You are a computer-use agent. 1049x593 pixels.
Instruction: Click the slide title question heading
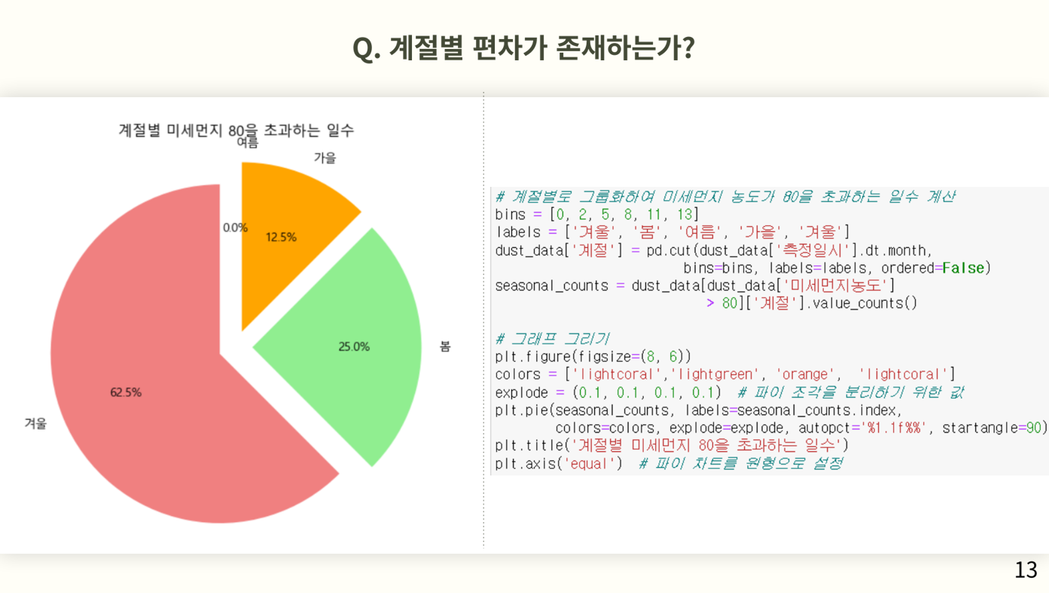point(523,47)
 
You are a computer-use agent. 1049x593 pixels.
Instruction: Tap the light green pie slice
point(346,347)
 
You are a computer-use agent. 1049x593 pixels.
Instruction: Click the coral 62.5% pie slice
point(164,374)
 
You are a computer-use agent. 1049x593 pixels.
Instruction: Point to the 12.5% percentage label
point(281,237)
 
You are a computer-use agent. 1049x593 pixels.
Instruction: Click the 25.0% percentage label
point(354,347)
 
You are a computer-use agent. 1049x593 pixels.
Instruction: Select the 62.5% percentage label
point(126,392)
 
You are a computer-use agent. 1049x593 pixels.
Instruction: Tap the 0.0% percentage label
point(235,228)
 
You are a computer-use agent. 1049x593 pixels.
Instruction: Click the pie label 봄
point(445,347)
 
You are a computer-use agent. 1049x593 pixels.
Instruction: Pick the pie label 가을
point(325,157)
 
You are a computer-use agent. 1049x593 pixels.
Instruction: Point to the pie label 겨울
point(35,423)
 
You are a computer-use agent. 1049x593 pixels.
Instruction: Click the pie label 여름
point(247,142)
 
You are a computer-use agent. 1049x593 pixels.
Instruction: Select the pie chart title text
point(236,130)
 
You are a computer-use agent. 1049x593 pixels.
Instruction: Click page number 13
point(1026,570)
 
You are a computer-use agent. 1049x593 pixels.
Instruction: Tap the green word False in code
point(963,268)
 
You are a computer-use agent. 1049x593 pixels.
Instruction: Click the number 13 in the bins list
point(685,215)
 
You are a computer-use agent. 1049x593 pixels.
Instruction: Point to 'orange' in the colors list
point(804,374)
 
